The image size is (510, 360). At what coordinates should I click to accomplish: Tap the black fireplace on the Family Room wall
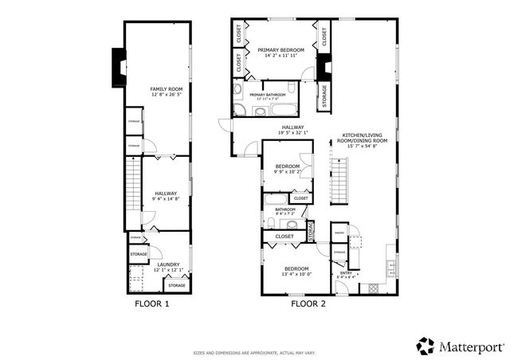[x=119, y=68]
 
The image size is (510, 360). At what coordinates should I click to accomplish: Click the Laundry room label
[x=168, y=264]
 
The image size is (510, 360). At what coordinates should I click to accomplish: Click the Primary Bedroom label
[x=277, y=49]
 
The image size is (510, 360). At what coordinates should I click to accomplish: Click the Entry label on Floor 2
[x=346, y=273]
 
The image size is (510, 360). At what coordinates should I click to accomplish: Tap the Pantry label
[x=339, y=233]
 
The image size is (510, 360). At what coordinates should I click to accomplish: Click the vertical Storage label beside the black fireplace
[x=324, y=97]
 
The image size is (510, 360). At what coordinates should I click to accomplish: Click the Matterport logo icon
[x=426, y=346]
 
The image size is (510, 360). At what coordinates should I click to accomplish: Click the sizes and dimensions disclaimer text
[x=254, y=352]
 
